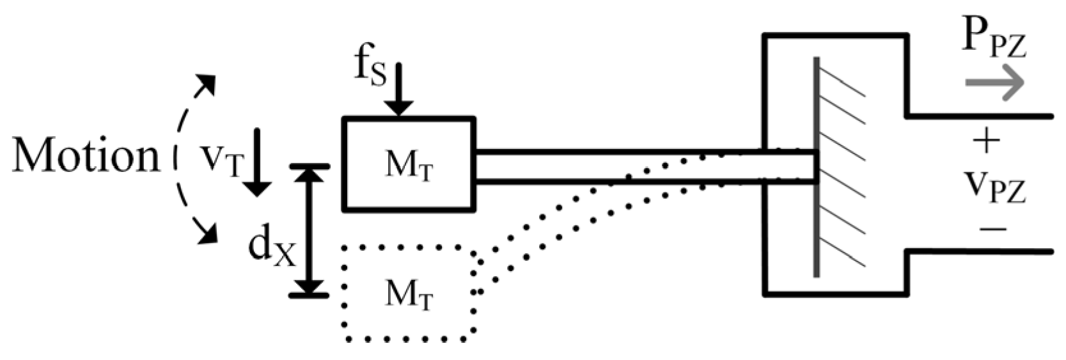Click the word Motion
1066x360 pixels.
click(x=86, y=157)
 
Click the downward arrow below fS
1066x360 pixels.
click(x=399, y=90)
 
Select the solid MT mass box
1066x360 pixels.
click(x=409, y=164)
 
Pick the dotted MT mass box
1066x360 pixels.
click(x=409, y=293)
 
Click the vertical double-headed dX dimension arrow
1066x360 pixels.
click(x=310, y=231)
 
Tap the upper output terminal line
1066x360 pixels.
click(x=978, y=116)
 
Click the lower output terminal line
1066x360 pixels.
click(x=978, y=252)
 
